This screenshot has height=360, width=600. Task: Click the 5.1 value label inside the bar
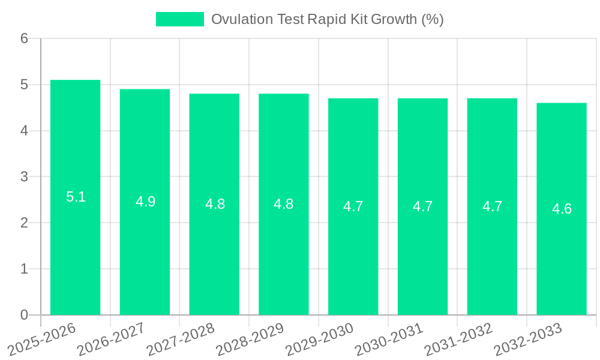[76, 197]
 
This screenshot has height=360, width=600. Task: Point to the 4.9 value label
[145, 202]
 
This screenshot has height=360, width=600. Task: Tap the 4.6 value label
[562, 209]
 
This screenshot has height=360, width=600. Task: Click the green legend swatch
[179, 19]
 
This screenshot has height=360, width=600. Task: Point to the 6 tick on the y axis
[24, 38]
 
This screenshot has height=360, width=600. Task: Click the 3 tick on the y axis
[24, 177]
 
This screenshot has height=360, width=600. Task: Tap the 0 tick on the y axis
[24, 315]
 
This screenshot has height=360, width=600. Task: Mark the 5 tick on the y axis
[24, 85]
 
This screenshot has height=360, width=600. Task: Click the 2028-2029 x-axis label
[250, 339]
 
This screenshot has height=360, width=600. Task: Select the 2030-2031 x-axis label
[389, 339]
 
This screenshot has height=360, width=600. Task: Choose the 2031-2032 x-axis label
[458, 339]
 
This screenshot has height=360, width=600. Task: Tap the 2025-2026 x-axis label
[41, 339]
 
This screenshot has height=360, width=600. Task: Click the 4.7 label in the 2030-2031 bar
[422, 206]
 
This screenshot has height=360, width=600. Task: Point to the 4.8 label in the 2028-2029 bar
[283, 204]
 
